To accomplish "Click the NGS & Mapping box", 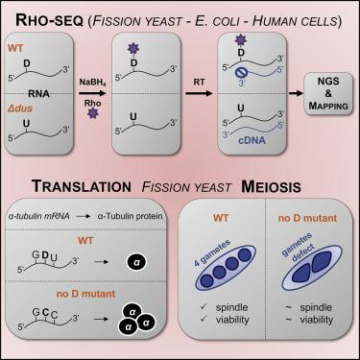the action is coord(328,93).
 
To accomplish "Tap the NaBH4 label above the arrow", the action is coord(93,83).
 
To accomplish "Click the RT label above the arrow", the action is coord(199,83).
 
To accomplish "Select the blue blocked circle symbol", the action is coord(240,72).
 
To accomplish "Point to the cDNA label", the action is coord(252,140).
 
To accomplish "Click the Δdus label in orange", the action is coord(20,108).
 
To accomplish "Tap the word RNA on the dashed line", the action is coord(38,94).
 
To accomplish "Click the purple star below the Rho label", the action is coord(93,113).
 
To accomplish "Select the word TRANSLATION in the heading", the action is coord(82,186).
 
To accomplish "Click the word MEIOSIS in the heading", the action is coord(271,186).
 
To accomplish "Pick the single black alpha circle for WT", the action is coord(136,262).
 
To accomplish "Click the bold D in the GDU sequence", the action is coord(45,255).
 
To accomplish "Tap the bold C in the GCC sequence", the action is coord(45,312).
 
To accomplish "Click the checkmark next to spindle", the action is coord(204,307).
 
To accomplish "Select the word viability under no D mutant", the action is coord(317,320).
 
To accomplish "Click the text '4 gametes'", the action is coord(212,252).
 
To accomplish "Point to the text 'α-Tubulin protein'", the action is coord(130,216).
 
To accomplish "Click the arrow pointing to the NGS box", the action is coord(296,93).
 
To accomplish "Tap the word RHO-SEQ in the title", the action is coord(51,21).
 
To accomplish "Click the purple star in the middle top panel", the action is coord(133,49).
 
